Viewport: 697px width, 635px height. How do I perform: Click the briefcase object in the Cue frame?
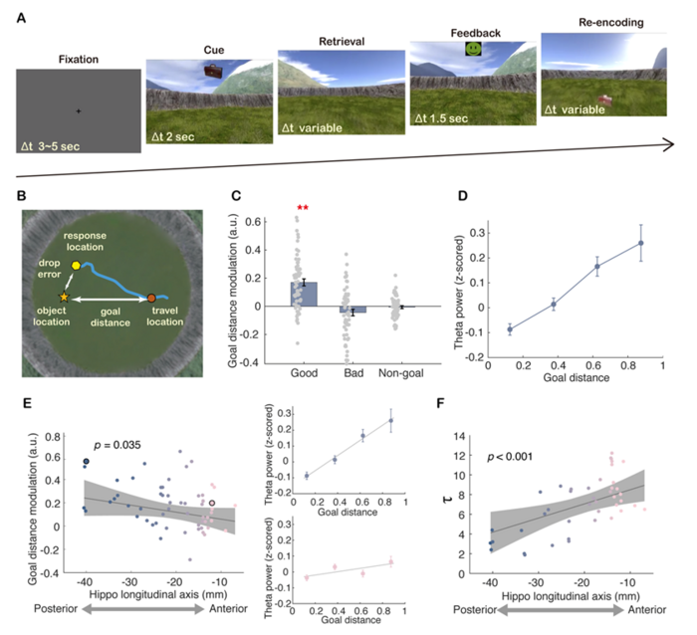click(x=213, y=71)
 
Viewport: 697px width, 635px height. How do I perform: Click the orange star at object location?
click(x=66, y=298)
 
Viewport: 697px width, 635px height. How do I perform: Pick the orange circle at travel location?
click(x=151, y=298)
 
